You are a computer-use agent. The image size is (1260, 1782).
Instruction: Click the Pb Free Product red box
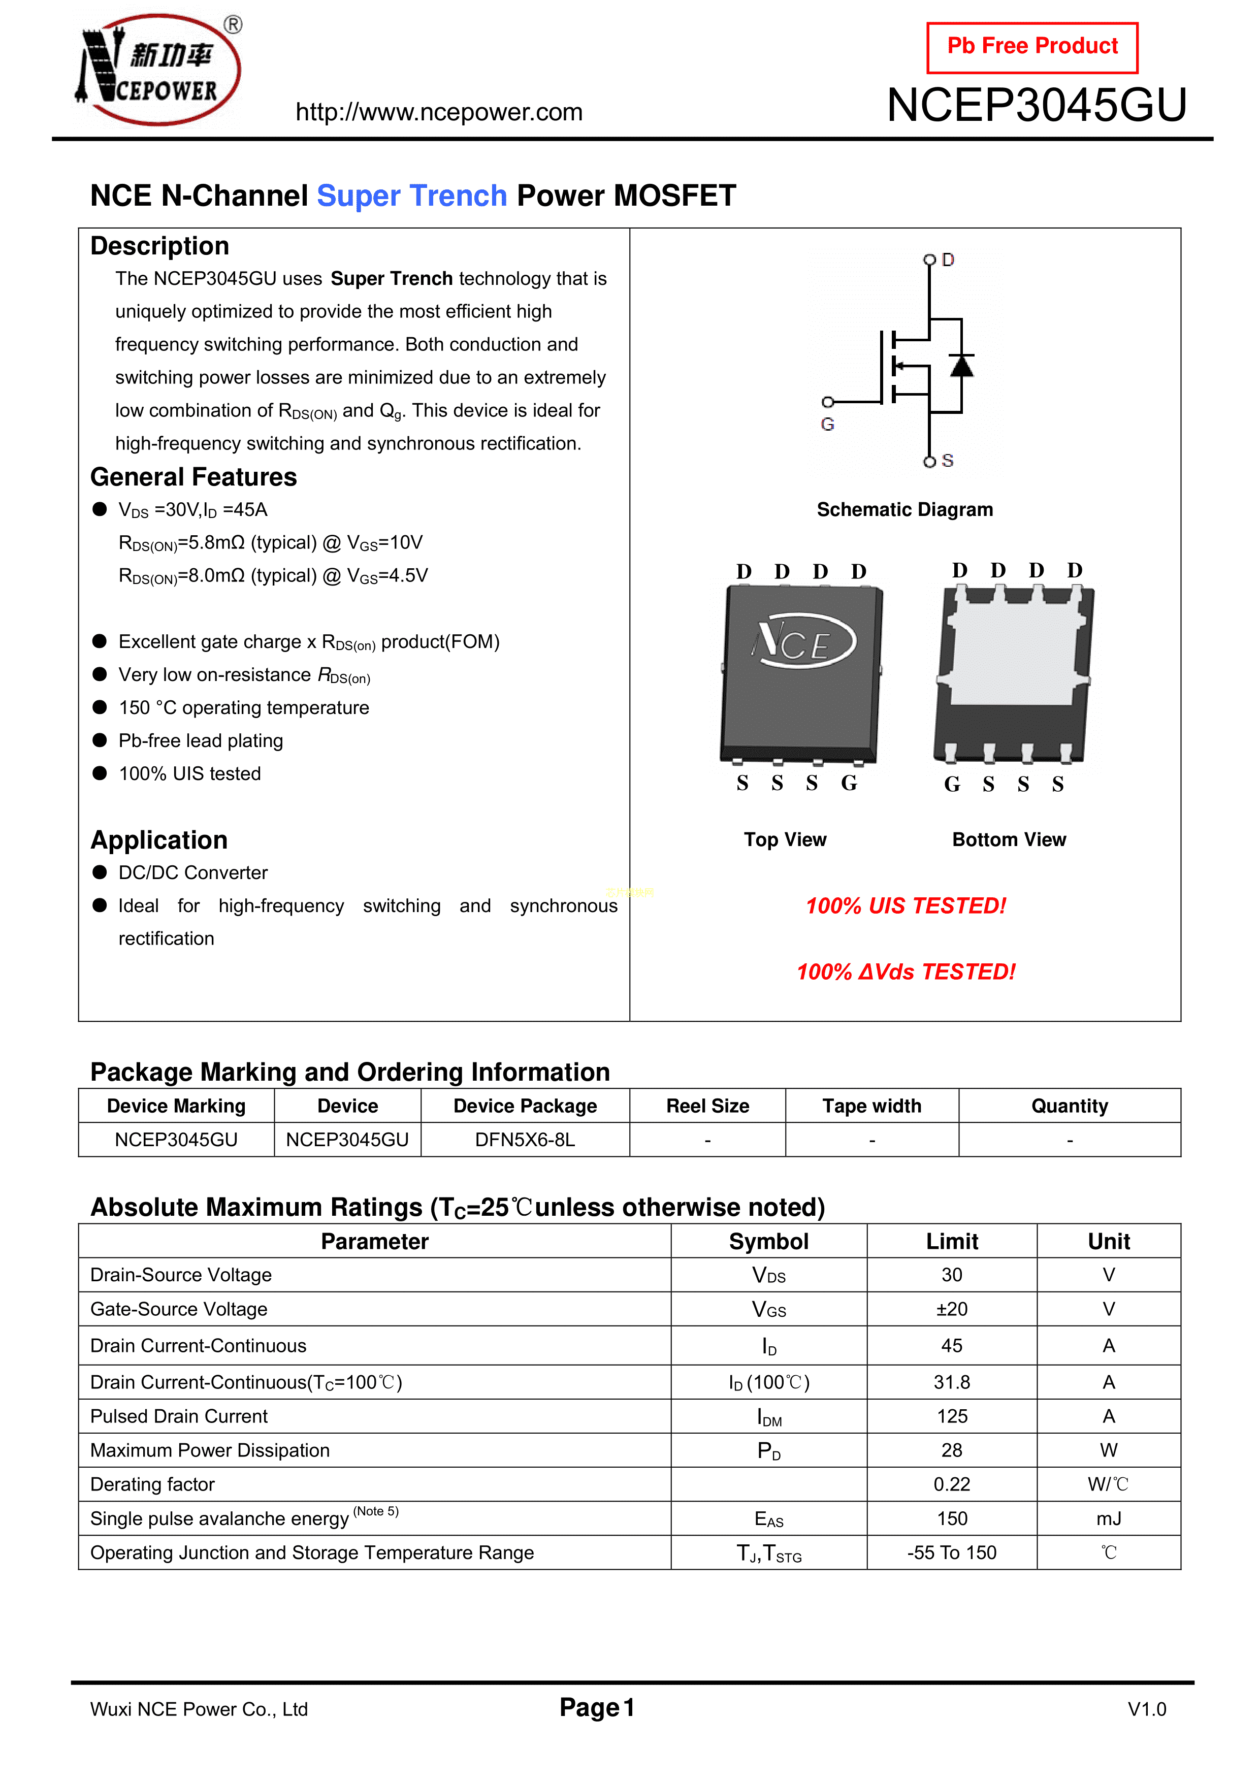point(1032,47)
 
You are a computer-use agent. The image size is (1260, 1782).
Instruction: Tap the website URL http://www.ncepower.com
point(439,113)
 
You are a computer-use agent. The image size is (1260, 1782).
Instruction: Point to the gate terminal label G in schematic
point(828,425)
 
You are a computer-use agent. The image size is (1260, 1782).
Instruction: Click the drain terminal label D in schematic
point(948,260)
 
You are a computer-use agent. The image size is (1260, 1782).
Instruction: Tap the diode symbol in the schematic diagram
point(962,365)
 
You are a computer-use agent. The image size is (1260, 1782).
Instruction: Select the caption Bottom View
point(1009,840)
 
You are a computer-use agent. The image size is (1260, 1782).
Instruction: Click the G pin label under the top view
point(849,783)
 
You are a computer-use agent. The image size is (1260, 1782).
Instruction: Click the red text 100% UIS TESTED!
point(905,906)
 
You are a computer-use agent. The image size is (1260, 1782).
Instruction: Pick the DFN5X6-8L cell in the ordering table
point(525,1140)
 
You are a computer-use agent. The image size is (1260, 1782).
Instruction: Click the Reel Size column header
point(707,1106)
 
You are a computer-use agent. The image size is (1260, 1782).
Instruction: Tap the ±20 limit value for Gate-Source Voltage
point(952,1309)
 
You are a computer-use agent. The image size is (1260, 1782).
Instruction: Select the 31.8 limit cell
point(952,1382)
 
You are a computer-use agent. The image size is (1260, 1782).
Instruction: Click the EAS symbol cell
point(768,1519)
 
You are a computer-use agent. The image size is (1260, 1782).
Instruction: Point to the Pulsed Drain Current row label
point(179,1416)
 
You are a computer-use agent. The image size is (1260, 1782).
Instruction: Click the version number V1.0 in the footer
point(1147,1709)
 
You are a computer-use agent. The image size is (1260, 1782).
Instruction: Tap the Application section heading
point(159,840)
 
